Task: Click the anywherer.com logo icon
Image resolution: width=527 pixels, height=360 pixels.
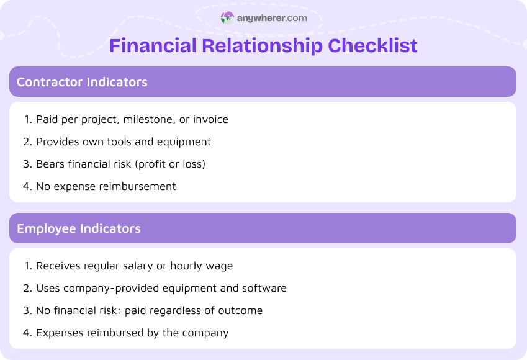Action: (x=228, y=18)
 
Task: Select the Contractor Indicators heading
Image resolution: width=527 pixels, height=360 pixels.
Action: (x=82, y=82)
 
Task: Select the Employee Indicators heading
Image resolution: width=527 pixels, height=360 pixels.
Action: (x=79, y=228)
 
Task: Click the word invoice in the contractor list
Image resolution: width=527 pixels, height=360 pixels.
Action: (x=210, y=119)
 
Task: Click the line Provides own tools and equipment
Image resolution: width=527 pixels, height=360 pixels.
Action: (x=124, y=142)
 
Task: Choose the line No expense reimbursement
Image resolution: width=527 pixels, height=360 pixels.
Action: (x=106, y=186)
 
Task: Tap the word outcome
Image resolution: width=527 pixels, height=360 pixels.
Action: (x=242, y=310)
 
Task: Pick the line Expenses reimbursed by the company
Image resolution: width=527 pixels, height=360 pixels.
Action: (x=132, y=333)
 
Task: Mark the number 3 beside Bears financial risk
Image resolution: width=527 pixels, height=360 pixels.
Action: (x=27, y=164)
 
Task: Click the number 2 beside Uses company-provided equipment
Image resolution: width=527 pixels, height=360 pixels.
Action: (x=27, y=288)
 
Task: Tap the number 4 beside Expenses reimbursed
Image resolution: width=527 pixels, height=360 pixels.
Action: (x=27, y=333)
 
